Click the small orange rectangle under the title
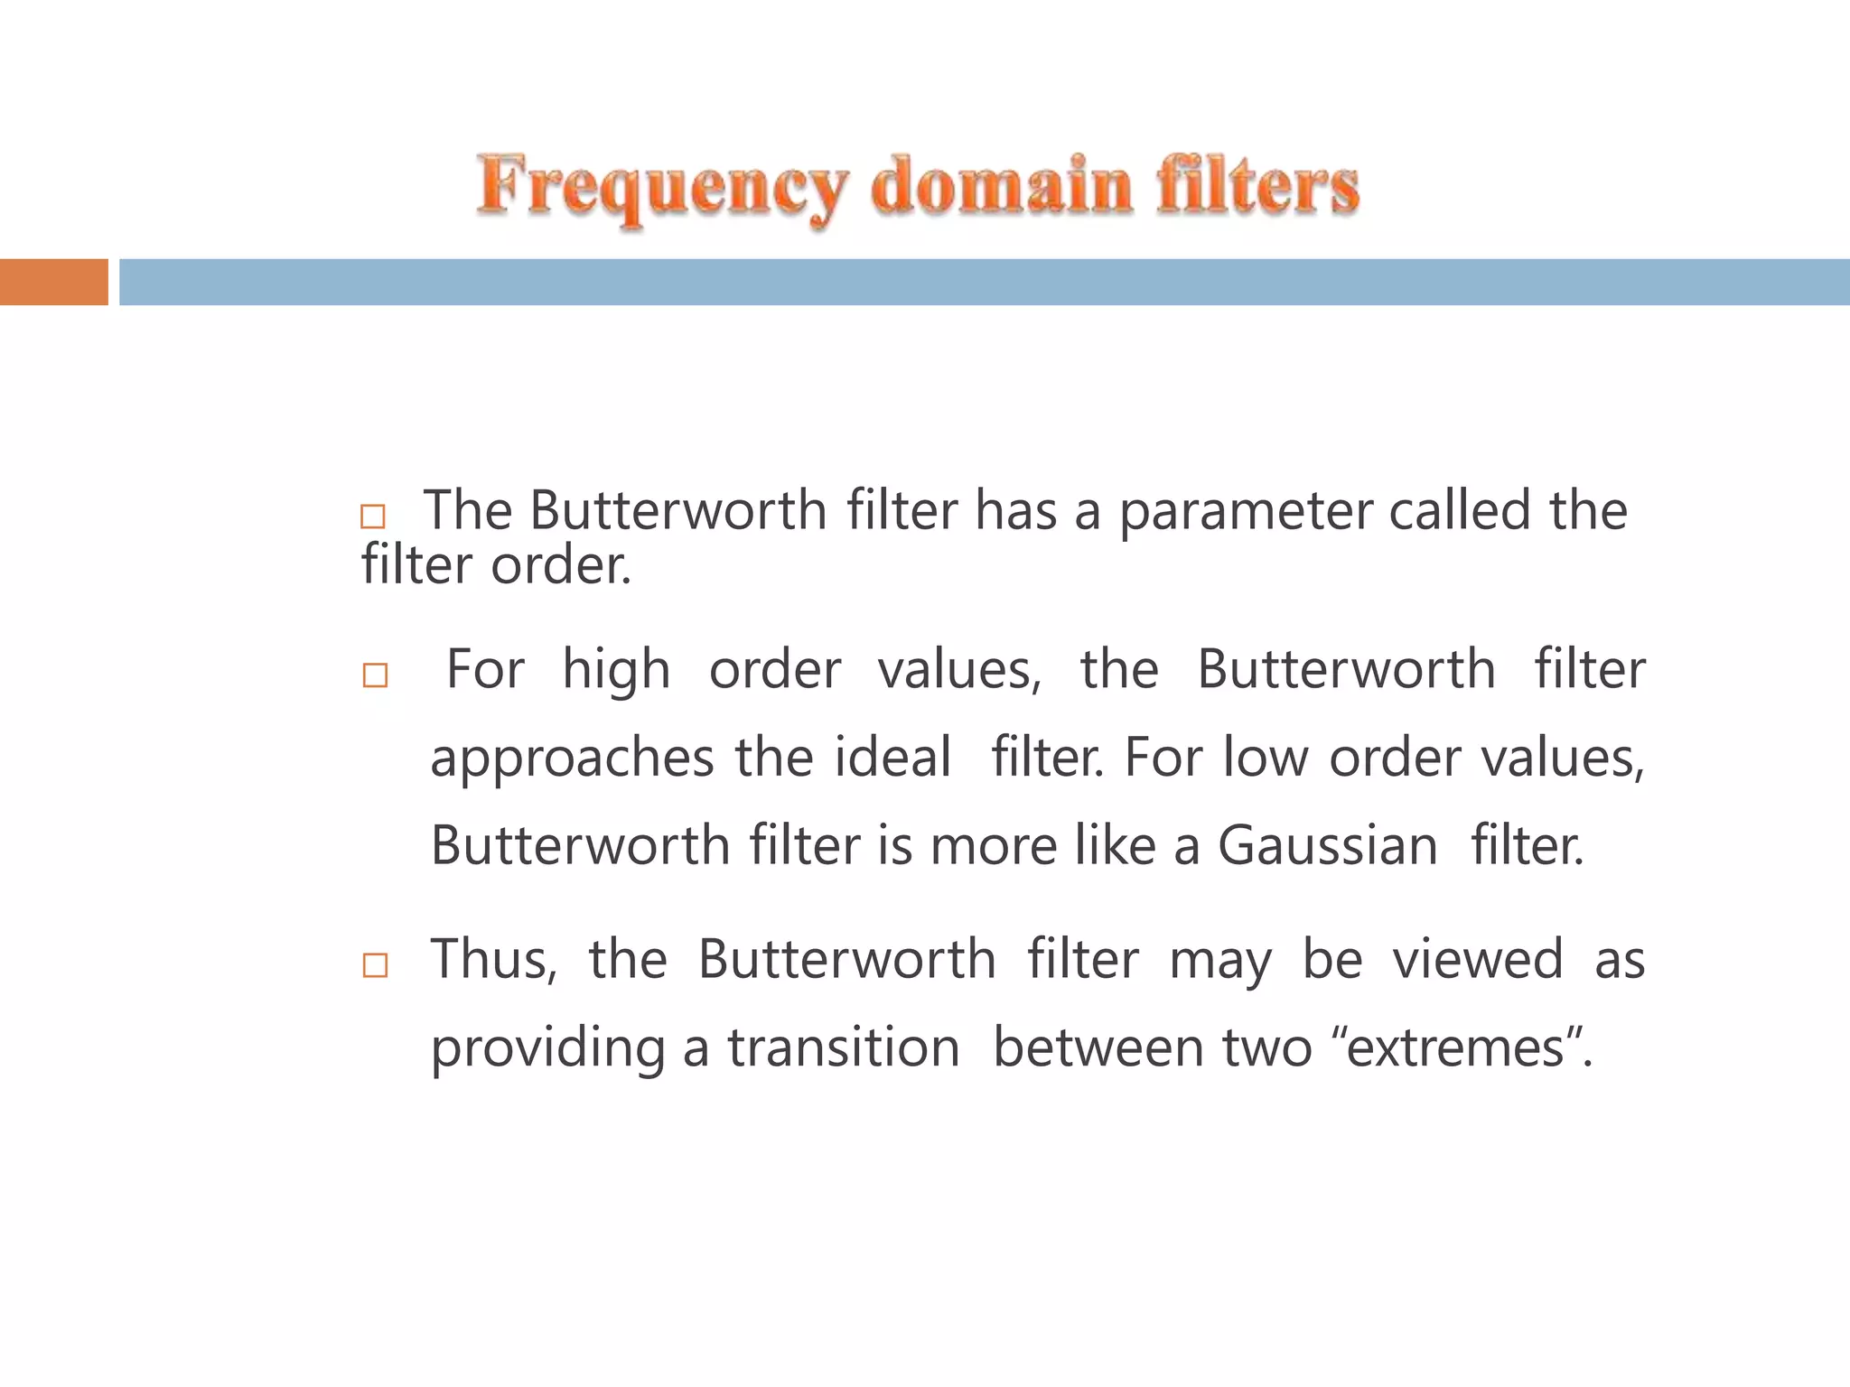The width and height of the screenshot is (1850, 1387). click(x=54, y=282)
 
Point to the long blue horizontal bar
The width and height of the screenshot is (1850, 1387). click(x=984, y=282)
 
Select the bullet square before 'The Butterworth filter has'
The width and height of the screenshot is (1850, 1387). click(x=373, y=517)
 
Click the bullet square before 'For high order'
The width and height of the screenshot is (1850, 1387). click(x=375, y=675)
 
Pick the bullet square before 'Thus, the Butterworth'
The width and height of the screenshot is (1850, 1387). click(x=375, y=965)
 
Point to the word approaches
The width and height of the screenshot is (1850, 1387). click(x=572, y=759)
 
